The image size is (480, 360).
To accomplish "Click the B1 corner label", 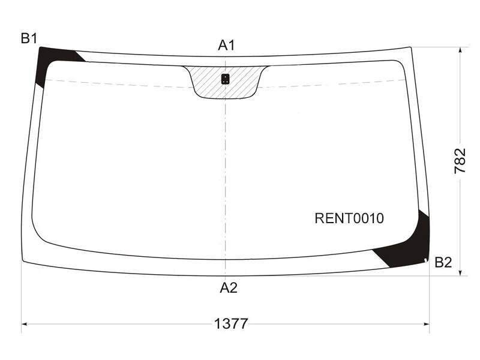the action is (29, 38).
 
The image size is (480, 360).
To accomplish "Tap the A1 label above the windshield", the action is (227, 46).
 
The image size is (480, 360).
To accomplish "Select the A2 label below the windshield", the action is (229, 288).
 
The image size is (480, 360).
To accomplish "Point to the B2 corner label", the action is (443, 262).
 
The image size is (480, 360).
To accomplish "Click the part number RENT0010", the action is (349, 218).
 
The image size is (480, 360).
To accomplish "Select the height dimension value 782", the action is (460, 161).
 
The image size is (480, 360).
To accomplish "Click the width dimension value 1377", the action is (231, 323).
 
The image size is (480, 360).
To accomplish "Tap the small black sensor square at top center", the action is (226, 79).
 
